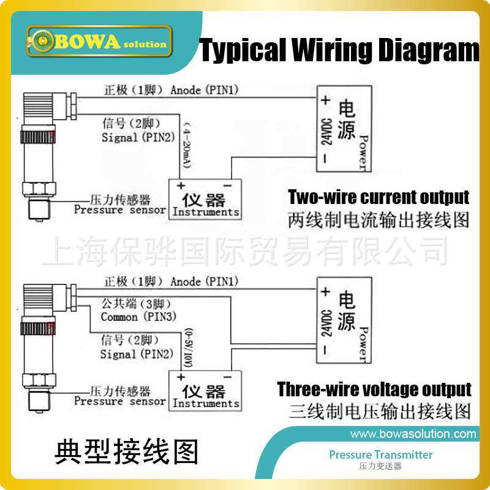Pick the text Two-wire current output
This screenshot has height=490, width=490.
coord(379,198)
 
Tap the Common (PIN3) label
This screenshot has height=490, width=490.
coord(138,317)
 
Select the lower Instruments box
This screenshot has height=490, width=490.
coord(205,391)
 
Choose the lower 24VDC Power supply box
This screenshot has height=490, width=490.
coord(344,320)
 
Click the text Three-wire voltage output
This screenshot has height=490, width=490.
coord(374,390)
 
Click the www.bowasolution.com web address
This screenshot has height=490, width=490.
coord(413,434)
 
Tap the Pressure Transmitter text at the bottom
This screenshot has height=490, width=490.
coord(380,455)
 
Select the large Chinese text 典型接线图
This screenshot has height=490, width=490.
coord(126,451)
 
